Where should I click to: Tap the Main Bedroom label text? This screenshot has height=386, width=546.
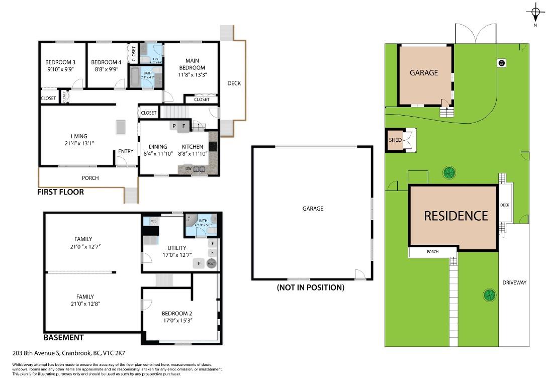(x=192, y=64)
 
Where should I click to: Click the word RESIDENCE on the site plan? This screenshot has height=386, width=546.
(x=456, y=216)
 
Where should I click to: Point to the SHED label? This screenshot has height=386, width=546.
(x=395, y=140)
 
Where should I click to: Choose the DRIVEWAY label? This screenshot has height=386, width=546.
(x=514, y=282)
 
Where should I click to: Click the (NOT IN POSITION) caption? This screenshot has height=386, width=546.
(x=310, y=287)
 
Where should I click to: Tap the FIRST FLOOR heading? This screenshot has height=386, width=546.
(x=60, y=192)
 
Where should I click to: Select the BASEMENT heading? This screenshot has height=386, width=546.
(x=63, y=338)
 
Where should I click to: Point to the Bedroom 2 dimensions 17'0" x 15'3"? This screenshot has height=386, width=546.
(x=177, y=320)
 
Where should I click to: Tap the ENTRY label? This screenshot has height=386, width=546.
(x=126, y=151)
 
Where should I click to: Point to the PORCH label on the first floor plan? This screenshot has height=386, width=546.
(x=90, y=178)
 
